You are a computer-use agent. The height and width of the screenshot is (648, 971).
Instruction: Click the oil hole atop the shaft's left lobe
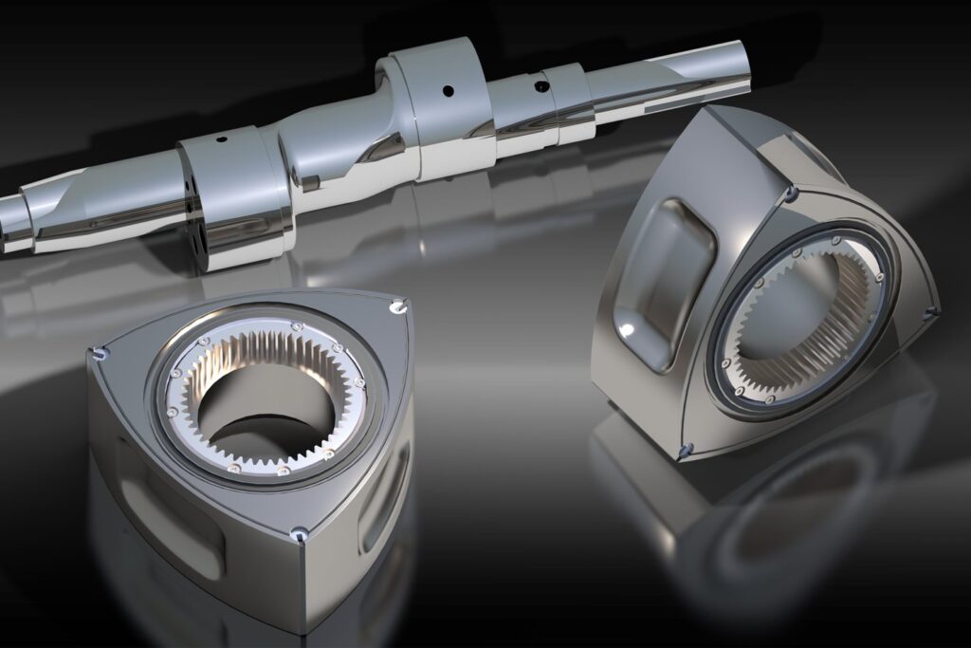click(221, 139)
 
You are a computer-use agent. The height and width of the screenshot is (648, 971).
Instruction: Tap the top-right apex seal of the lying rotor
click(396, 305)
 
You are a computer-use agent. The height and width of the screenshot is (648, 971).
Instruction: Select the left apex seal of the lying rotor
click(99, 355)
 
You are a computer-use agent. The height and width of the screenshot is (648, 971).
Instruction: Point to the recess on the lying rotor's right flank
click(384, 493)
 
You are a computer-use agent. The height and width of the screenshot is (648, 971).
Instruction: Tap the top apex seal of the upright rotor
click(789, 194)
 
